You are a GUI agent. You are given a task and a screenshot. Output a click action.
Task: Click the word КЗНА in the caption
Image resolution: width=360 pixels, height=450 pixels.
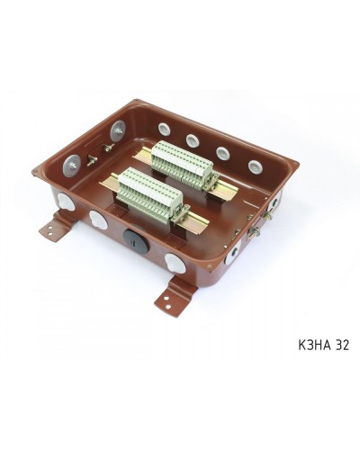coord(314,345)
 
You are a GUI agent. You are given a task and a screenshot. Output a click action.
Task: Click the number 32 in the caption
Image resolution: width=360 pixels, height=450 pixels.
coord(341,345)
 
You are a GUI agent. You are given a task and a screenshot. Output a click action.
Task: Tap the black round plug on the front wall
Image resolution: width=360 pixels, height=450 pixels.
coord(136,239)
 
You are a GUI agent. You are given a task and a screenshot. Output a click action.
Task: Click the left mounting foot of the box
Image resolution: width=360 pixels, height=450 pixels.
coord(58,227)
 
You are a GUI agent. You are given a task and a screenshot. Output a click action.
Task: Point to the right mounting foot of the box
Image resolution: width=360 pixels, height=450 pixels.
coord(175,296)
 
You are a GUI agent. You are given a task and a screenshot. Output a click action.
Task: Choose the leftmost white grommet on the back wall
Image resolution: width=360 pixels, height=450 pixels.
coord(164,129)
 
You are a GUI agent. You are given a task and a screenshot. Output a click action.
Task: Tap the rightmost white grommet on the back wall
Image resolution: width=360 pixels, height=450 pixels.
coord(256,167)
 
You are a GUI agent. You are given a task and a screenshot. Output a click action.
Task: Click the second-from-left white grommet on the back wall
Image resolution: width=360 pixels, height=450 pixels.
coord(192,140)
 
